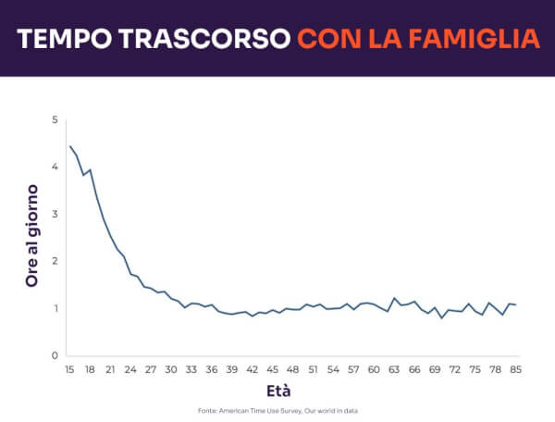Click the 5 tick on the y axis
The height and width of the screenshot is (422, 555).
tap(55, 120)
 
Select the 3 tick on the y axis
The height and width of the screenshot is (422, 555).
tap(55, 214)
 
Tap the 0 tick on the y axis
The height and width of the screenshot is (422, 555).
tap(55, 355)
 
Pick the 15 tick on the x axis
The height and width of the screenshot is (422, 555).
tap(69, 369)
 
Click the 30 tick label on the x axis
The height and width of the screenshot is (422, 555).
tap(171, 369)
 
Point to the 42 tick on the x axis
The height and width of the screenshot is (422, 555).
tap(252, 369)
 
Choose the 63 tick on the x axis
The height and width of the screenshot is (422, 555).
tap(394, 369)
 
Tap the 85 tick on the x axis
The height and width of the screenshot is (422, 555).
tap(515, 369)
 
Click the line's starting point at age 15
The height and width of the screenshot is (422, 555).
tap(70, 146)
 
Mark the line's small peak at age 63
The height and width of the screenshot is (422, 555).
tap(395, 298)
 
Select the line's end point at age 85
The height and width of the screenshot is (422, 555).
tap(515, 304)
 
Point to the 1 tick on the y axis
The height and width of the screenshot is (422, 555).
tap(55, 308)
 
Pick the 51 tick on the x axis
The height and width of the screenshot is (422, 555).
tap(313, 369)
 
